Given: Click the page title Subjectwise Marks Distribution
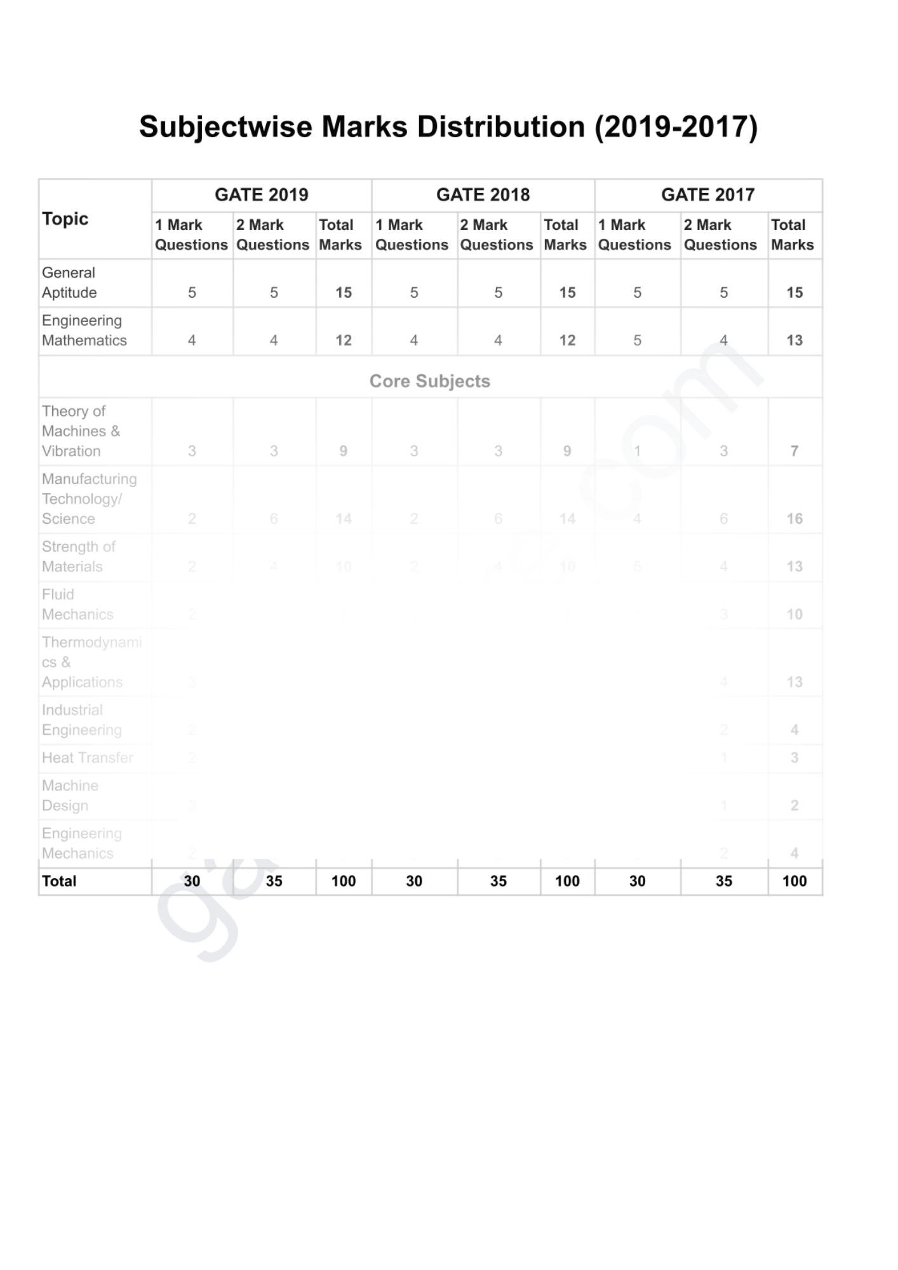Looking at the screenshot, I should tap(448, 127).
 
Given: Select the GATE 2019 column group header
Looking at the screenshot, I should tap(261, 195).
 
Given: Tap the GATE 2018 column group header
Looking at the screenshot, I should tap(483, 195).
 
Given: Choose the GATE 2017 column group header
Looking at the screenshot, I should tap(707, 195).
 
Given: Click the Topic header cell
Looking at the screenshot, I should tap(65, 219).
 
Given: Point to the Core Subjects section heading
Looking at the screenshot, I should tap(430, 381).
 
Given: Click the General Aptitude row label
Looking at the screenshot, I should tap(69, 283).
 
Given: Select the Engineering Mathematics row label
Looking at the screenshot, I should tap(84, 330).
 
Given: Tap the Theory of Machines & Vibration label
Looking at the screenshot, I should tap(81, 431).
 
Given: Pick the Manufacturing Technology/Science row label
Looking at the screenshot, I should tap(89, 499).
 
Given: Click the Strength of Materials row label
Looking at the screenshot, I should tap(79, 557).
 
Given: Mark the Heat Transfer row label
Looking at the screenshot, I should tap(88, 758).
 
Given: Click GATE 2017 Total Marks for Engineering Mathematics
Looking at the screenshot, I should tap(794, 340).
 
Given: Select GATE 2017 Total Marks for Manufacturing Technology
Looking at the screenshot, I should tap(794, 519).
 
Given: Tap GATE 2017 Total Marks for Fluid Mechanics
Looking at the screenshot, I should tap(794, 614).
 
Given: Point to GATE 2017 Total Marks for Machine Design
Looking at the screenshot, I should tap(794, 805).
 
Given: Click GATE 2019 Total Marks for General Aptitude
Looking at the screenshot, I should tap(344, 293).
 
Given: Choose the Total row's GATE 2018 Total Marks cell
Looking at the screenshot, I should tap(567, 881).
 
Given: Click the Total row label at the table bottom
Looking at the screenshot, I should tap(59, 881).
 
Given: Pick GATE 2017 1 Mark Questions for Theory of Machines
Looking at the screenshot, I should tap(637, 451).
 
